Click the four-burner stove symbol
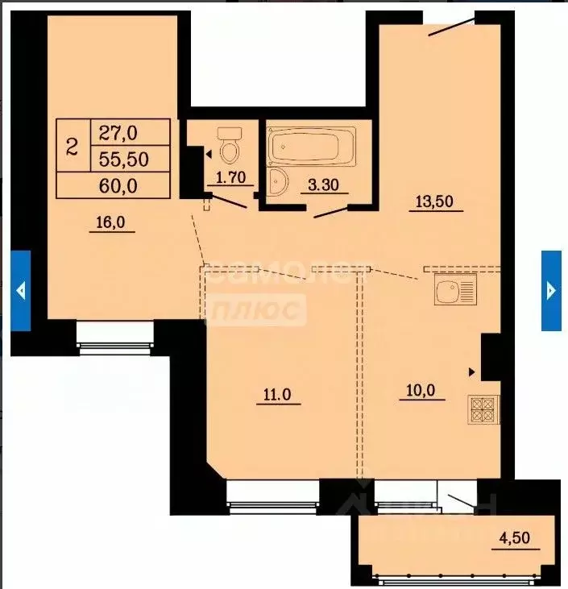tap(483, 410)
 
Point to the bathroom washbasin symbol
tap(277, 182)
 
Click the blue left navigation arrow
tap(21, 290)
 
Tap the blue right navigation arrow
tap(551, 290)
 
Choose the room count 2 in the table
tap(73, 146)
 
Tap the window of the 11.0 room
tap(272, 496)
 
